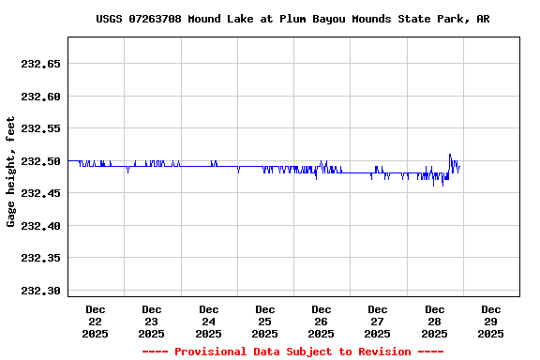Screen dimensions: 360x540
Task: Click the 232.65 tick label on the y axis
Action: tap(40, 64)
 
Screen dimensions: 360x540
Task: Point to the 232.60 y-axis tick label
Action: tap(40, 97)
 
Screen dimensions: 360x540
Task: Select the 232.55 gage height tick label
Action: tap(40, 128)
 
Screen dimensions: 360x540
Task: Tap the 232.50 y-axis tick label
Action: tap(40, 161)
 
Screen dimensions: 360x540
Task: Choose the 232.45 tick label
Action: tap(40, 193)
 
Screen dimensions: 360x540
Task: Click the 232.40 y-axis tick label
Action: tap(40, 226)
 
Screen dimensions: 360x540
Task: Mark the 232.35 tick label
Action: tap(40, 258)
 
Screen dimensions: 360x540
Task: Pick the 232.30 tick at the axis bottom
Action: tap(40, 291)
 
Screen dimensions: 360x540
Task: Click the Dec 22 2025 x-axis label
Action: tap(96, 321)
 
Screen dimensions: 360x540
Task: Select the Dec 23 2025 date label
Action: tap(152, 321)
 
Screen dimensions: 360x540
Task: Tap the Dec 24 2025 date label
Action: tap(208, 321)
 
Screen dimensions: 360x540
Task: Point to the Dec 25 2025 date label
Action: tap(265, 321)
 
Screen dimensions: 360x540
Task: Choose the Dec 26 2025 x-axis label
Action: tap(322, 321)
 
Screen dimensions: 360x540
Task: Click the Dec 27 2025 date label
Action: tap(378, 321)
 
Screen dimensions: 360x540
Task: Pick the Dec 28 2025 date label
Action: tap(434, 321)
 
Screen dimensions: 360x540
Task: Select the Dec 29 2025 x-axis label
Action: tap(490, 321)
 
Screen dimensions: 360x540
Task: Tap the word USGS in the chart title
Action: tap(112, 19)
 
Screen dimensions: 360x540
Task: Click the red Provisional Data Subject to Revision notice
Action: tap(292, 352)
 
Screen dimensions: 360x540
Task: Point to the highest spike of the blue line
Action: tap(450, 155)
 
